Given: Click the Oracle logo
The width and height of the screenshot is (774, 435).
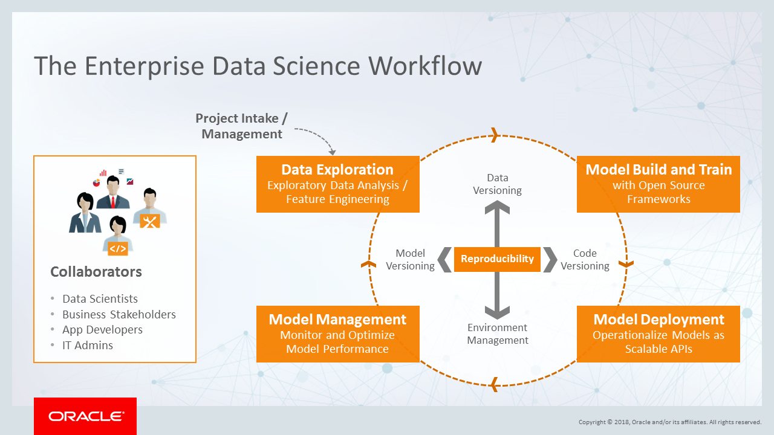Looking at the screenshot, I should point(85,416).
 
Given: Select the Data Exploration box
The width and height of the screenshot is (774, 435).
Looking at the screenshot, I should point(337,184).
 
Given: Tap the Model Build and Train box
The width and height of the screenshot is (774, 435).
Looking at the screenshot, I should point(658,184).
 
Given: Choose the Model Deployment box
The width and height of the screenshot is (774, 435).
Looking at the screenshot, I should point(658,334).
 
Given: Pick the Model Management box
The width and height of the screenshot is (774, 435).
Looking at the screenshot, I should point(337,334).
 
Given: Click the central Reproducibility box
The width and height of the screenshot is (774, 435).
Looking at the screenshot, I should point(497,259).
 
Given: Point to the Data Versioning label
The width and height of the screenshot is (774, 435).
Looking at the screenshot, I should point(497,184).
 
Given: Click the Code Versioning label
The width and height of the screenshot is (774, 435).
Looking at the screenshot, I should point(585,260).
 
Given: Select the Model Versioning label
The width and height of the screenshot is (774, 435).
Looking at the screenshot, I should point(410,260).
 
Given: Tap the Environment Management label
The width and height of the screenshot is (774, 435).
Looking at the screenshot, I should point(497,334).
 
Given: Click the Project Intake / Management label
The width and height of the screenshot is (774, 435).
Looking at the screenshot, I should point(242,126).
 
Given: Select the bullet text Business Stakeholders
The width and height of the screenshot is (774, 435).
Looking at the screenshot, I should point(119,315).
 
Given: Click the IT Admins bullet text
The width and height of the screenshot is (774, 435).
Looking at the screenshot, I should point(88,346).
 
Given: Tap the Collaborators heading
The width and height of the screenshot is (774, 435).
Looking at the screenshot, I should point(96,272).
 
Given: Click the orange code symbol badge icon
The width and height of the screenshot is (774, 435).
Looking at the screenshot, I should point(118,248).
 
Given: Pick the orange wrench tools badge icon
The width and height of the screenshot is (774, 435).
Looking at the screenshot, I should point(149,221).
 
